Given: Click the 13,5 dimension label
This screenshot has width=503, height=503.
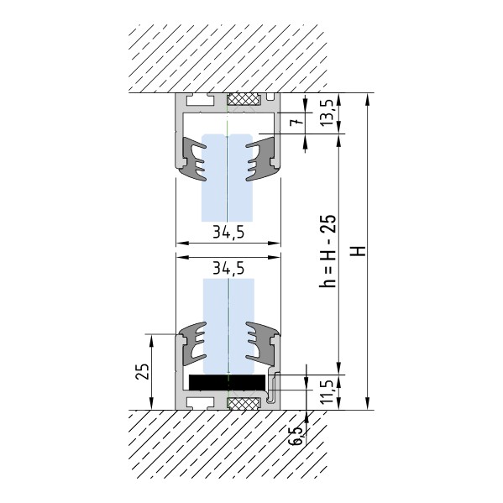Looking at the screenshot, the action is pyautogui.click(x=327, y=113).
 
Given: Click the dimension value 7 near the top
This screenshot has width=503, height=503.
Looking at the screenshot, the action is pyautogui.click(x=296, y=123).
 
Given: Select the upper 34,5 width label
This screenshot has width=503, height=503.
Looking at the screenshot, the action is pyautogui.click(x=228, y=232).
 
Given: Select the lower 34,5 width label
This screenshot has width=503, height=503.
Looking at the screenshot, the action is pyautogui.click(x=228, y=268).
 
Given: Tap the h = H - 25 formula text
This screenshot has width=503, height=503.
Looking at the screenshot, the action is pyautogui.click(x=328, y=250).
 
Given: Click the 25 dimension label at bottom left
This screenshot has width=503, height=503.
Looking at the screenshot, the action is pyautogui.click(x=142, y=372).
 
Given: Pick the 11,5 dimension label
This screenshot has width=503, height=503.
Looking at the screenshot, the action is pyautogui.click(x=327, y=392).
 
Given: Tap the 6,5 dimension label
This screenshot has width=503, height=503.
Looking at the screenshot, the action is pyautogui.click(x=296, y=436).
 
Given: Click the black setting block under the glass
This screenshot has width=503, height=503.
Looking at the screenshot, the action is pyautogui.click(x=227, y=382).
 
